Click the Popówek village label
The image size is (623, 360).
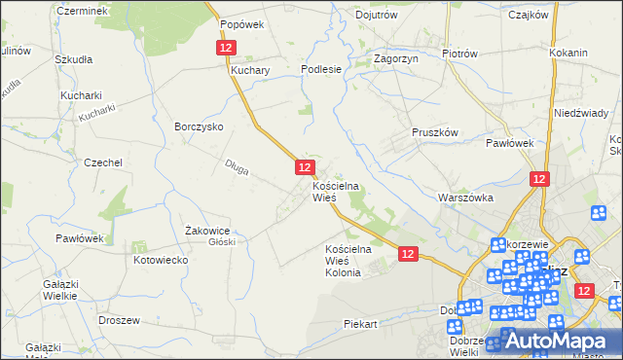(242, 25)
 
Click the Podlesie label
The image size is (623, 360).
(321, 69)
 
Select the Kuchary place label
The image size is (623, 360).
(250, 71)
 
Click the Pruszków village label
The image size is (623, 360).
(434, 132)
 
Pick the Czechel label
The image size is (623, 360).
(102, 162)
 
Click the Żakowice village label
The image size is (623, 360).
(206, 231)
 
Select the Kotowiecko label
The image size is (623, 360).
(161, 261)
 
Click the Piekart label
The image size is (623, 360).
(359, 323)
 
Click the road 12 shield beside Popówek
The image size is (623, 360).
(226, 48)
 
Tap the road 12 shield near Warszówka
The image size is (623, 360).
(540, 179)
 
